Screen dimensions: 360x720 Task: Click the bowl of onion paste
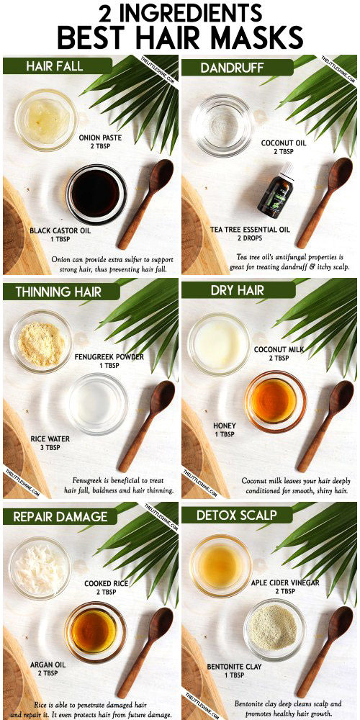click(x=46, y=120)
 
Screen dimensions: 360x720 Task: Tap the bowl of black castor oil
click(x=96, y=194)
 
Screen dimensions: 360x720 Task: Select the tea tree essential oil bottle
click(x=276, y=190)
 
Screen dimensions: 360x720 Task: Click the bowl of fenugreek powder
click(x=41, y=341)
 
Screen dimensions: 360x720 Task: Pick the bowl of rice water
click(x=98, y=404)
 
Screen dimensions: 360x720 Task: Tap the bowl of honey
click(x=275, y=401)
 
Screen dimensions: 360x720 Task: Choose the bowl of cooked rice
click(x=40, y=568)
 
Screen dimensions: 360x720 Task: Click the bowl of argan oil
click(x=95, y=631)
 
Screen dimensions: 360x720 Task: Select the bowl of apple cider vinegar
click(x=221, y=565)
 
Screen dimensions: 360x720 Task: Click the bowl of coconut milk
click(x=219, y=344)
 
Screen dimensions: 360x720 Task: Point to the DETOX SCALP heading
click(x=236, y=515)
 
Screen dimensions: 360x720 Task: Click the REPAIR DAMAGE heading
click(x=60, y=516)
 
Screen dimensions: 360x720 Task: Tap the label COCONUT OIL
click(x=283, y=143)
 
